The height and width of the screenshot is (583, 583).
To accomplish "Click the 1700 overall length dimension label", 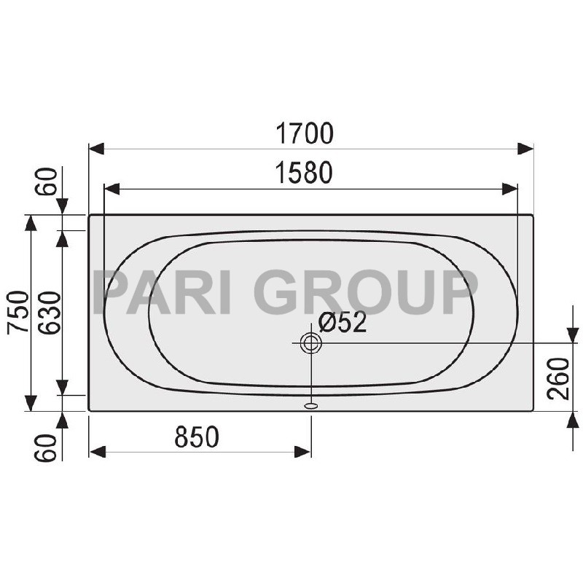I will (x=304, y=134).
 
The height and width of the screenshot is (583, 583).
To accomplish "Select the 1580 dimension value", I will (x=304, y=173).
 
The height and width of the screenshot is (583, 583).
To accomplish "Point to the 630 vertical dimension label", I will (x=48, y=312).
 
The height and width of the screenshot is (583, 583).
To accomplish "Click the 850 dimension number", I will (x=197, y=437).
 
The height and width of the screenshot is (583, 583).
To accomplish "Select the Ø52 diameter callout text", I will (x=343, y=323).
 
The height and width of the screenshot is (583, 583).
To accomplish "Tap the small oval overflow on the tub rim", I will (x=311, y=404).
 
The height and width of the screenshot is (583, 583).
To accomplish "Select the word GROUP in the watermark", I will (x=364, y=291).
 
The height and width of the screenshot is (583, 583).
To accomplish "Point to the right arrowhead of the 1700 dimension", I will (x=525, y=149).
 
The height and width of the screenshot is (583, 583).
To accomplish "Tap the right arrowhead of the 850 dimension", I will (x=303, y=452).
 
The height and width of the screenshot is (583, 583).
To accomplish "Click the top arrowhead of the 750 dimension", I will (x=31, y=223).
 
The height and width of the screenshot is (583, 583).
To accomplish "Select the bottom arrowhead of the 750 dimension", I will (x=31, y=402).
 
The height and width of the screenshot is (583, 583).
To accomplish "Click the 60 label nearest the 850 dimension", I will (x=48, y=447).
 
